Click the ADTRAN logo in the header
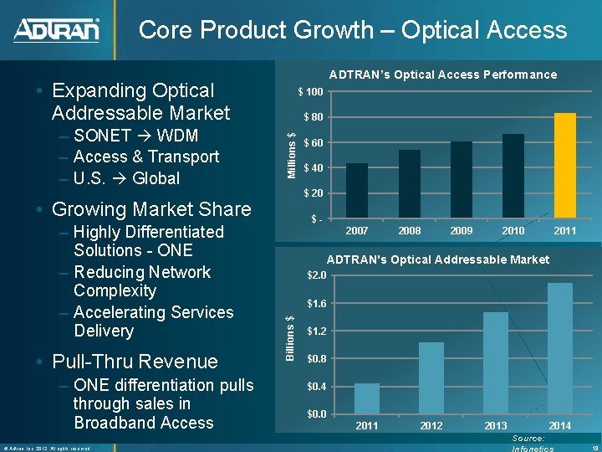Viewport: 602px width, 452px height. coord(56,30)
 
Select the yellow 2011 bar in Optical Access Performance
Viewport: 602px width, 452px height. coord(565,166)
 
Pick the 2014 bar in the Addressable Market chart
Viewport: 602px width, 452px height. coord(559,348)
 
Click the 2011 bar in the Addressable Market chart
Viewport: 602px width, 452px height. coord(367,398)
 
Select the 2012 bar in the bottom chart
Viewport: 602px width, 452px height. coord(431,378)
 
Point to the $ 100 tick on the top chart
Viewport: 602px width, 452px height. coord(311,91)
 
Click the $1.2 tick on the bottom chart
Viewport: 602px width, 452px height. coord(316,331)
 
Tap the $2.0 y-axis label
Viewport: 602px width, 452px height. coord(316,276)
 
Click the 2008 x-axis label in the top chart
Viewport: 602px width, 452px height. coord(410,230)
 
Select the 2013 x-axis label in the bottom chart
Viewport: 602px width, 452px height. coord(495,426)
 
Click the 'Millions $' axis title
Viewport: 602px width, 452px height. coord(291,155)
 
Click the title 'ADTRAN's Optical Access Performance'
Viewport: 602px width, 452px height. coord(442,74)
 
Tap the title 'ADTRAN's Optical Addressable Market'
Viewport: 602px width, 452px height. coord(437,259)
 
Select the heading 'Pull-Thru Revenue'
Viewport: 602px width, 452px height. coord(134,362)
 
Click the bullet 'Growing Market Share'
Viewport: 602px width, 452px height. coord(150,209)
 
